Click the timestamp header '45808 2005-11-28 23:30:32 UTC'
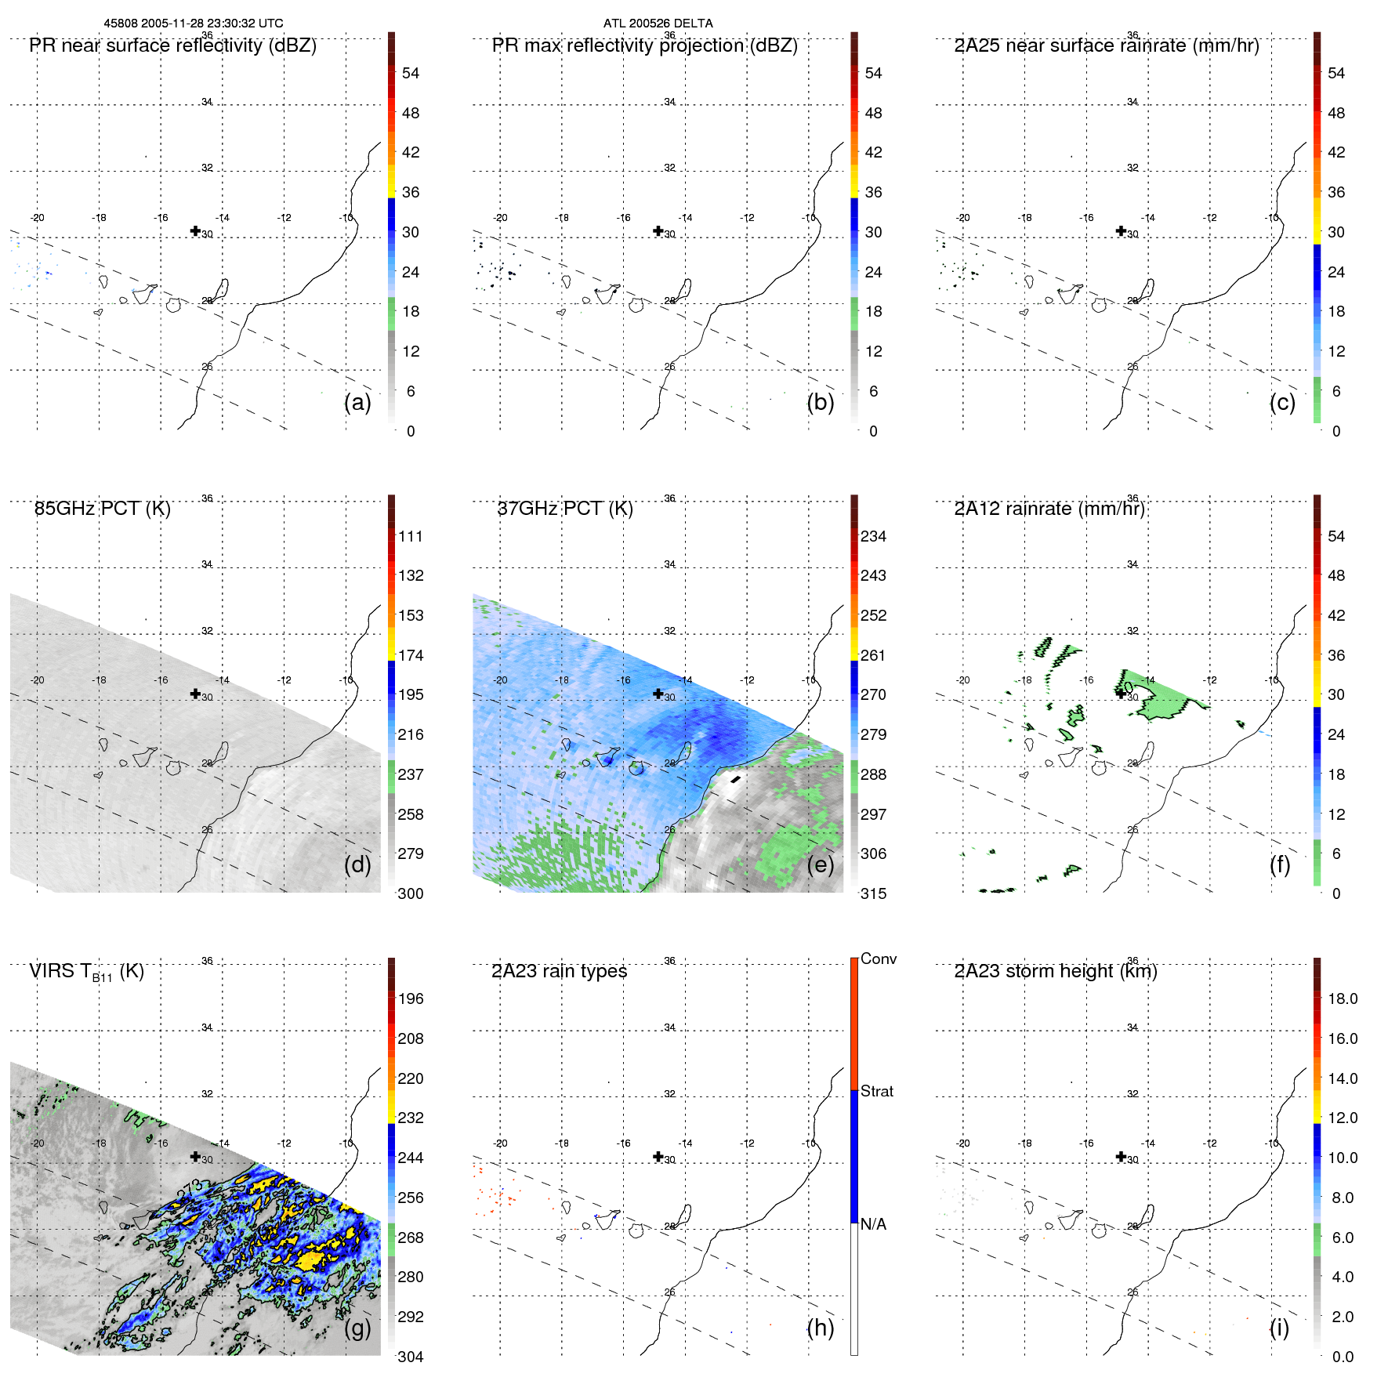click(194, 24)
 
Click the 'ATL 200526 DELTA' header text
click(658, 24)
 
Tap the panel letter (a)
click(357, 403)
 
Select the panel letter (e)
click(820, 865)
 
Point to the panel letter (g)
click(357, 1328)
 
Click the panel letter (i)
click(1279, 1328)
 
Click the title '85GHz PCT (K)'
click(103, 509)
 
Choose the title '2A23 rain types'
click(559, 971)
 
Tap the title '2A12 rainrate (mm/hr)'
click(1049, 509)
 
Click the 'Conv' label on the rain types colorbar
click(878, 959)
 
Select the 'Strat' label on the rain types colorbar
click(876, 1092)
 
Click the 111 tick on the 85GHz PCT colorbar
click(411, 537)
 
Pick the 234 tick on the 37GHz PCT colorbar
click(873, 537)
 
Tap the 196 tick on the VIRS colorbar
click(411, 999)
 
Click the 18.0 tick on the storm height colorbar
click(1342, 999)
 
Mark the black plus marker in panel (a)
click(195, 230)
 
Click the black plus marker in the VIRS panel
click(195, 1156)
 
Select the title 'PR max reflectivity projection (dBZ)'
click(644, 45)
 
